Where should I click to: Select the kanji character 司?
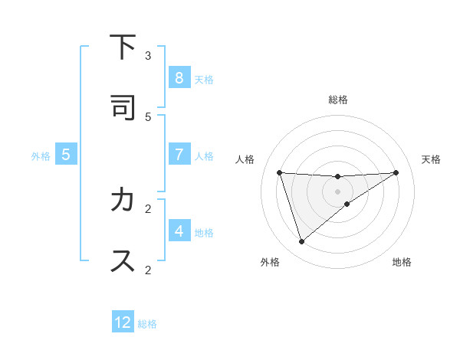[122, 107]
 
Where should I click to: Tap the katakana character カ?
[122, 201]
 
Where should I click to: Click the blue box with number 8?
[179, 77]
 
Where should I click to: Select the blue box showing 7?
[179, 154]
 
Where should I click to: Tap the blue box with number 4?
[179, 231]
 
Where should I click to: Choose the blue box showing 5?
[66, 154]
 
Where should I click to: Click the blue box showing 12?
[123, 322]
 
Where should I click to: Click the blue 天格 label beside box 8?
[204, 79]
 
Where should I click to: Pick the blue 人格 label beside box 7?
[204, 155]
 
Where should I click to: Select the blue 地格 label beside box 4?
[204, 232]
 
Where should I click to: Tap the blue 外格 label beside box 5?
[41, 155]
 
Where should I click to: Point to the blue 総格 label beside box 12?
[147, 324]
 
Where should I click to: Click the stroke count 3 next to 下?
[148, 55]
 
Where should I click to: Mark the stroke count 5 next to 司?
[148, 116]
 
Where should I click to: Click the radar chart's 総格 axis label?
[338, 100]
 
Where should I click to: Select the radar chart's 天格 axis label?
[432, 159]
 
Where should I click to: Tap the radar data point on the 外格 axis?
[301, 242]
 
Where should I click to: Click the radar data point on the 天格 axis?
[396, 172]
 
